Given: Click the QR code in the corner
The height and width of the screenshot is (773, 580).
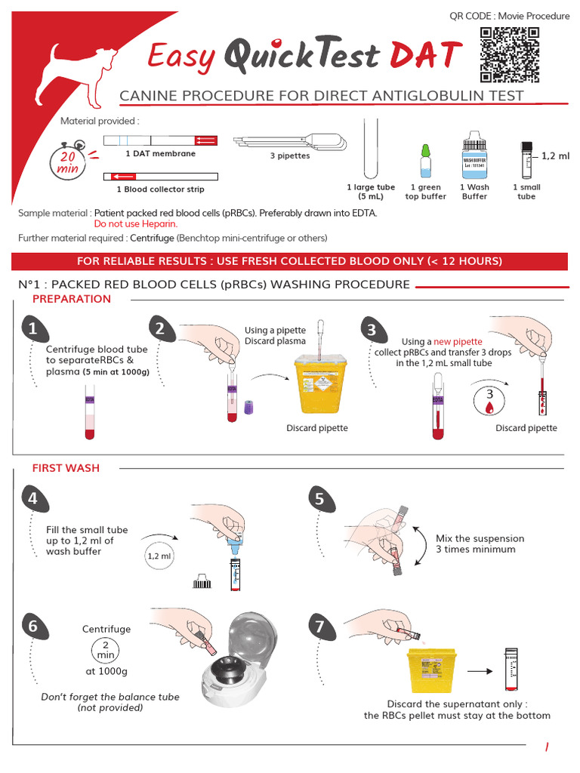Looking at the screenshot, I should tap(510, 54).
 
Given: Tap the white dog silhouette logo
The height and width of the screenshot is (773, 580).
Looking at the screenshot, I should tap(82, 74).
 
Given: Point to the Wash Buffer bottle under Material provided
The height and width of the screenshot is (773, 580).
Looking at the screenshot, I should tap(474, 155).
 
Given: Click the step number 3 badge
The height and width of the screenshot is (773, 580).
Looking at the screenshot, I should tap(372, 330).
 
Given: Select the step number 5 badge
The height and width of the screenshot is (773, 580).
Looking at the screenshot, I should tap(319, 499).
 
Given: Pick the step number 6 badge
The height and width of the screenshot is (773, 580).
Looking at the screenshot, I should tap(32, 627).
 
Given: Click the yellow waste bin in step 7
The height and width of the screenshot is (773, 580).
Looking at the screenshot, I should tap(429, 670).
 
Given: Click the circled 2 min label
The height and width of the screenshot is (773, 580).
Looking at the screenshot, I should tap(106, 649).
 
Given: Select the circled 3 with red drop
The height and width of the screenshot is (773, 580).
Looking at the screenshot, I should tap(489, 400).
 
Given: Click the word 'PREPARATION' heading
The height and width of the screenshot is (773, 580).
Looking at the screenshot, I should tap(72, 299).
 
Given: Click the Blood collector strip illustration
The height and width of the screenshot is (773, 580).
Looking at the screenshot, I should tap(160, 177).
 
